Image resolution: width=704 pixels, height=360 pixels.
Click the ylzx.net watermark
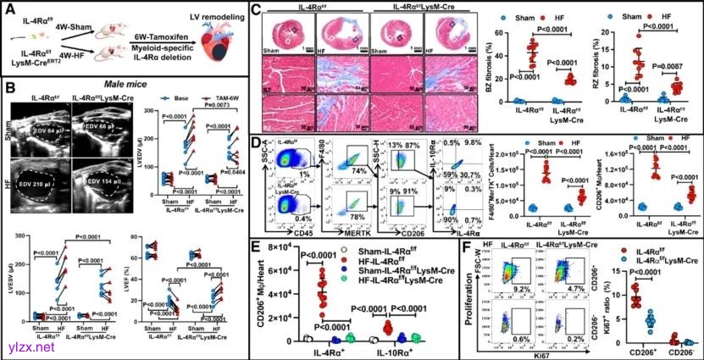tap(28, 346)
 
